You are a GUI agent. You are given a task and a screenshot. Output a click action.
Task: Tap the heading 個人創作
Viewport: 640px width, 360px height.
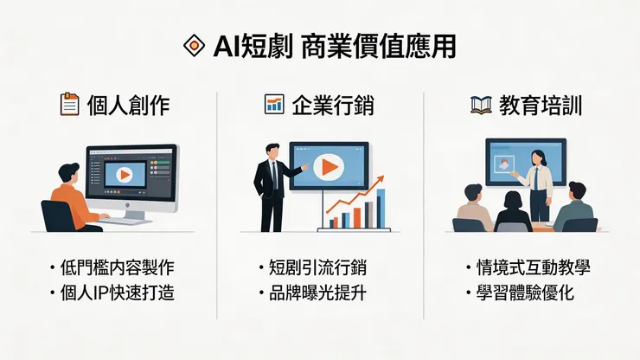pyautogui.click(x=128, y=106)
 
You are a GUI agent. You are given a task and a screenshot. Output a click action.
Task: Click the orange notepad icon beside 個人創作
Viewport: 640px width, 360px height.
pyautogui.click(x=70, y=106)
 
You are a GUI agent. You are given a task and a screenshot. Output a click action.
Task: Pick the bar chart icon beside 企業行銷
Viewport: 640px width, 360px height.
pyautogui.click(x=273, y=106)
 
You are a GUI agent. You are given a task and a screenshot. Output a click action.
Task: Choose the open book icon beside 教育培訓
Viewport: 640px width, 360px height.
pyautogui.click(x=481, y=106)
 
